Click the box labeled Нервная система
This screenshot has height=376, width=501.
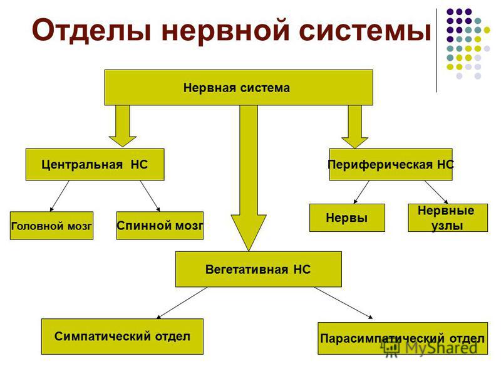[x=239, y=87]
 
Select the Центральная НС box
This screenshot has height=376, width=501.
[x=95, y=164]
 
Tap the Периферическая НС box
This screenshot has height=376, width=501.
[x=391, y=164]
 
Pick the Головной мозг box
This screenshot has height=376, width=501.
[x=51, y=226]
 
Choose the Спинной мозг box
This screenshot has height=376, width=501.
[x=160, y=226]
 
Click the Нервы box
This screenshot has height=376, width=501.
[x=347, y=217]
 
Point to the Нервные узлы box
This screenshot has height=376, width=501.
[x=448, y=217]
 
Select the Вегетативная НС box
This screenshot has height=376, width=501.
[x=259, y=269]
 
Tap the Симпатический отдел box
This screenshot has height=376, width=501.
[x=122, y=337]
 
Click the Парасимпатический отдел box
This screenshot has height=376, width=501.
[x=403, y=338]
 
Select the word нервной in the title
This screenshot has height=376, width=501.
[x=225, y=29]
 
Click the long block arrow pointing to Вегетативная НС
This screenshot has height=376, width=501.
[x=249, y=178]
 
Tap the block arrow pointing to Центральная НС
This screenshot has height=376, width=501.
[x=123, y=126]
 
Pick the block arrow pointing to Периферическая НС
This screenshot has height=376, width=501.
[x=354, y=127]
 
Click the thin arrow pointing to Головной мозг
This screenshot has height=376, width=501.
[x=59, y=196]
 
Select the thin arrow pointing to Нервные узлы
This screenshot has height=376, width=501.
[x=436, y=192]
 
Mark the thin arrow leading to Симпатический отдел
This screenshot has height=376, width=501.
[x=182, y=303]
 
